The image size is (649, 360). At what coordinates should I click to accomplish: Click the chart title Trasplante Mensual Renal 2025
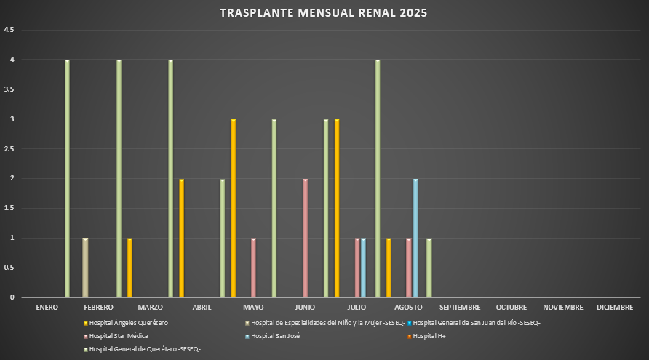[324, 12]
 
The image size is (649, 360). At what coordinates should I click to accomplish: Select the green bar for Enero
[67, 178]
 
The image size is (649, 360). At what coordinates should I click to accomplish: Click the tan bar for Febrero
[85, 267]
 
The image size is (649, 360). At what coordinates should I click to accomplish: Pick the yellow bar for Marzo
[181, 237]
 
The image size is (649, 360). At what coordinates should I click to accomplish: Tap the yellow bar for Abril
[233, 208]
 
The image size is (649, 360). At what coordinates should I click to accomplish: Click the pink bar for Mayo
[253, 267]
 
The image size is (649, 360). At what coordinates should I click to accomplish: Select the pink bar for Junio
[305, 237]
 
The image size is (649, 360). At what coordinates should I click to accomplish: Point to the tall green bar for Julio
[377, 178]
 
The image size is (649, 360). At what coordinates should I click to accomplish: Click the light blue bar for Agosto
[415, 237]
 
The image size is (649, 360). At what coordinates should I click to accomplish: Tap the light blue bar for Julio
[363, 267]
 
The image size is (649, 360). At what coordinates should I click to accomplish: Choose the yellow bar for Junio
[337, 208]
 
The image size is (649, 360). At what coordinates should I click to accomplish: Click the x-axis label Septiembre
[460, 308]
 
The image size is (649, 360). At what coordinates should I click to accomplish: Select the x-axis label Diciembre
[615, 308]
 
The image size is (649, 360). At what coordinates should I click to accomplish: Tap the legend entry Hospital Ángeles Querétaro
[128, 322]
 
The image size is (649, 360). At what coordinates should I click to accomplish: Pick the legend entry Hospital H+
[430, 336]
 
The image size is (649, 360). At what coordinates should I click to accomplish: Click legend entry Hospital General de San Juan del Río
[476, 322]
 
